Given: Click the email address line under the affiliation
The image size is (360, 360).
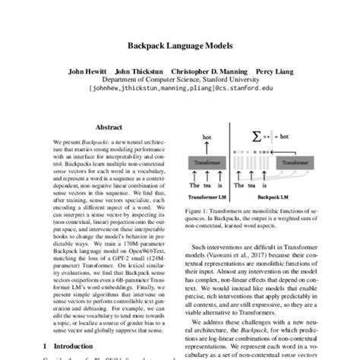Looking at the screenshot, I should (180, 97).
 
